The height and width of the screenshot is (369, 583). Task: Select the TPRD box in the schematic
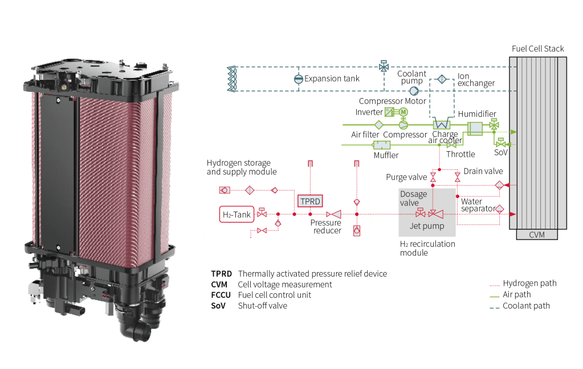310,201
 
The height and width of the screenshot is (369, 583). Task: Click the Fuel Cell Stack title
538,48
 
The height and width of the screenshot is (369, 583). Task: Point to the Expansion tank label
332,79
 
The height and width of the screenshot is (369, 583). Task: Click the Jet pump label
427,226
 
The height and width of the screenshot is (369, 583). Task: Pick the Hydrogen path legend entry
529,283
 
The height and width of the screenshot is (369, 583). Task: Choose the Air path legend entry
516,294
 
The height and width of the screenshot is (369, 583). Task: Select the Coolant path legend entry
526,306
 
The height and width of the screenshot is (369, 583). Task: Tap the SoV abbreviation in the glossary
218,306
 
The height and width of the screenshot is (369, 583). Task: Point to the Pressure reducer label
327,226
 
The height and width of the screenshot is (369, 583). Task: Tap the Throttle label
460,154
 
